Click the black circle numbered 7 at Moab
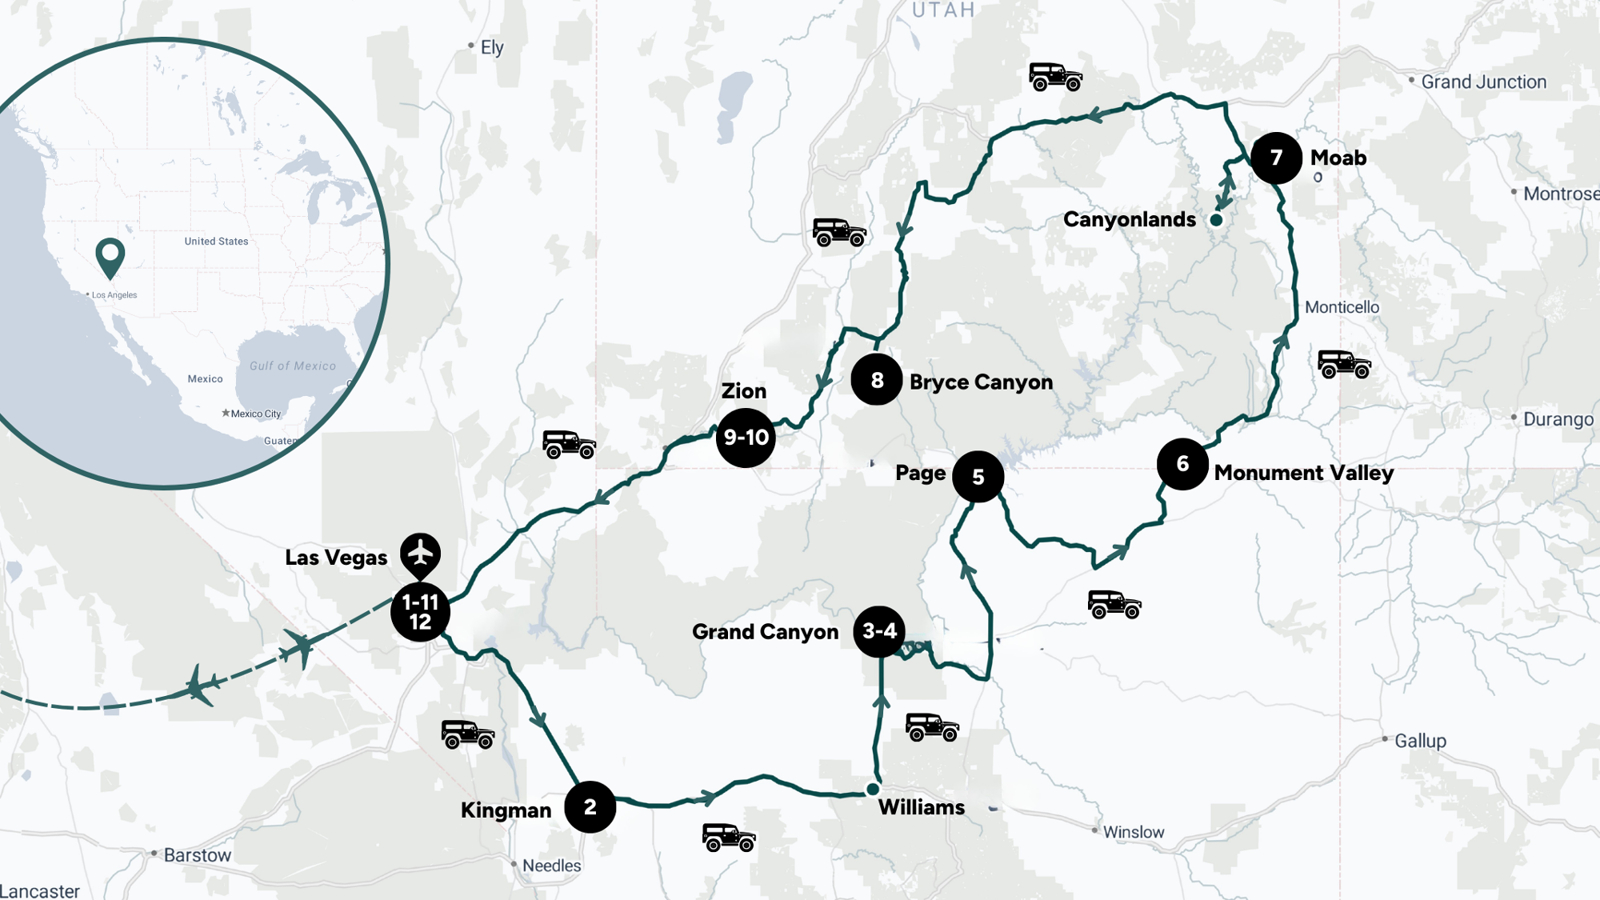tap(1276, 158)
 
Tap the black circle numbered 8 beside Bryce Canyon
tap(877, 379)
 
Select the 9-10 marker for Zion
tap(746, 438)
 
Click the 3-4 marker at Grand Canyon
tap(879, 631)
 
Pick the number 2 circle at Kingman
tap(590, 806)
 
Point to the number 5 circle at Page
tap(978, 477)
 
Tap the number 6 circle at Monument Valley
tap(1182, 464)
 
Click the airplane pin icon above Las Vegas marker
tap(420, 553)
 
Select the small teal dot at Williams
tap(873, 790)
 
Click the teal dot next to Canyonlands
tap(1216, 220)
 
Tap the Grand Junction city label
tap(1483, 82)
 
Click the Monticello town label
tap(1342, 307)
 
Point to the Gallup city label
tap(1420, 741)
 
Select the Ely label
tap(492, 47)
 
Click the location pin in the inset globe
tap(110, 256)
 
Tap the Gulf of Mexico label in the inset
tap(293, 366)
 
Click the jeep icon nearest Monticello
tap(1344, 364)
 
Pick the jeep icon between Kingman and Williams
tap(729, 838)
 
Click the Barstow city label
tap(197, 855)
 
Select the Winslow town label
tap(1134, 832)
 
